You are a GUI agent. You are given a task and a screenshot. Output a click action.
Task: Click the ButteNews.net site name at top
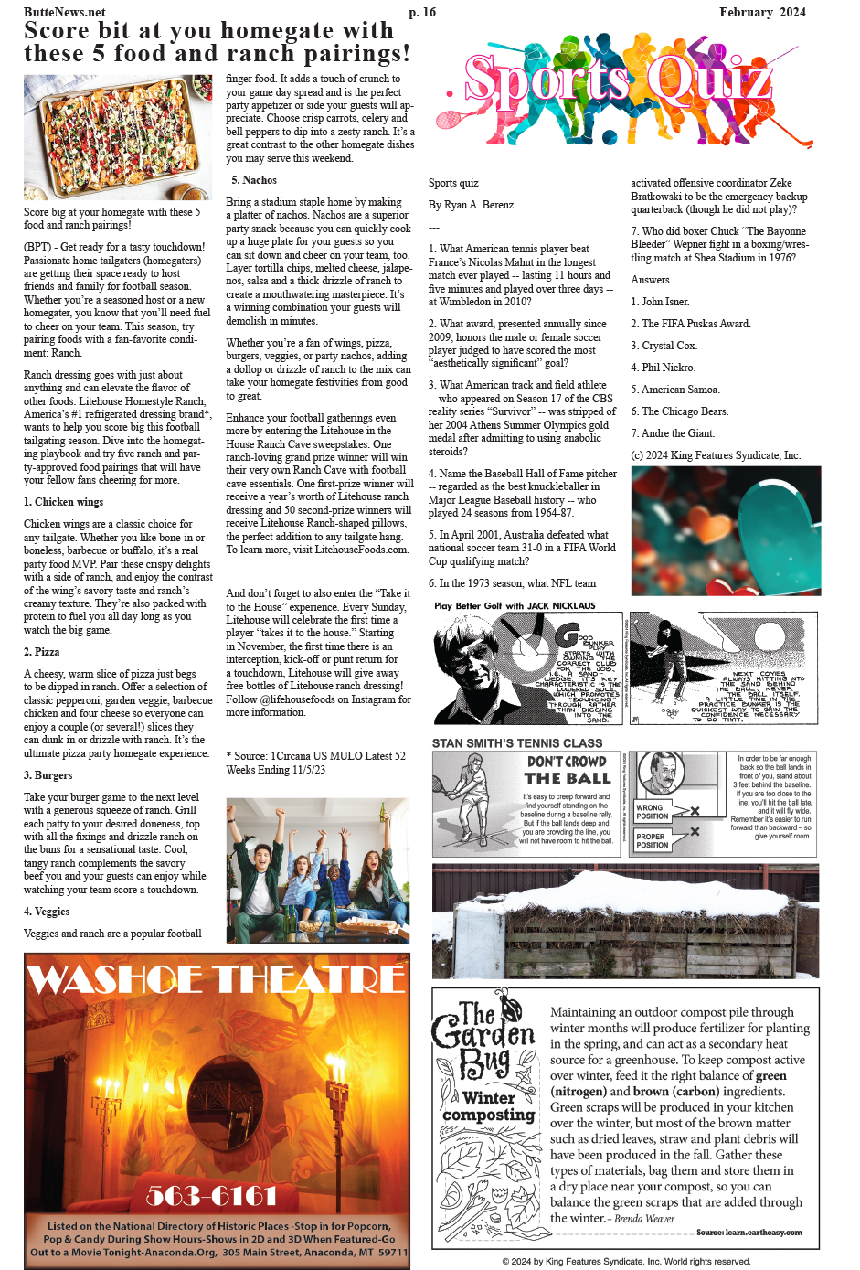[x=64, y=12]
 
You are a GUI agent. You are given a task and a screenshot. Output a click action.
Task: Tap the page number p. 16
[x=422, y=12]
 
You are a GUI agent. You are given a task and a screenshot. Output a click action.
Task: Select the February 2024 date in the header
[x=762, y=12]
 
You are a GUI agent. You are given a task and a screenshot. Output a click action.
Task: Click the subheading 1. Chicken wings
[x=63, y=502]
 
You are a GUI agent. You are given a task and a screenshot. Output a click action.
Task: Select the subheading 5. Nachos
[x=253, y=180]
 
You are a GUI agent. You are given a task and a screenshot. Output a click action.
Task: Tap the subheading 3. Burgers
[x=48, y=775]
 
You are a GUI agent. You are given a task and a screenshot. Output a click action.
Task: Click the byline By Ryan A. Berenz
[x=471, y=205]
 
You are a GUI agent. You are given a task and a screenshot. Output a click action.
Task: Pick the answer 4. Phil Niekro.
[x=663, y=368]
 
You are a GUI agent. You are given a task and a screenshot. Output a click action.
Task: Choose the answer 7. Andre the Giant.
[x=673, y=433]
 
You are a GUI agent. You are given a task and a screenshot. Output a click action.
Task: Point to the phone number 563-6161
[x=211, y=1195]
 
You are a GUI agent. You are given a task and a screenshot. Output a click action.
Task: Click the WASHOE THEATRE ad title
[x=217, y=980]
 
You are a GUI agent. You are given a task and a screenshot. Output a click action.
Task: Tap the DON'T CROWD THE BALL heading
[x=568, y=770]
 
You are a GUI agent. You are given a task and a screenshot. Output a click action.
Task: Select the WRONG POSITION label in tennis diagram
[x=652, y=812]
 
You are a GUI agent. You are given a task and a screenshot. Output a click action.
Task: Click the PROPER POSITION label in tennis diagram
[x=652, y=840]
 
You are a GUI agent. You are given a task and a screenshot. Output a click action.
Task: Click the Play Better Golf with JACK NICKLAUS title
[x=515, y=606]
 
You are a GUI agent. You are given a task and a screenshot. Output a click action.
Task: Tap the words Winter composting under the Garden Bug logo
[x=489, y=1106]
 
